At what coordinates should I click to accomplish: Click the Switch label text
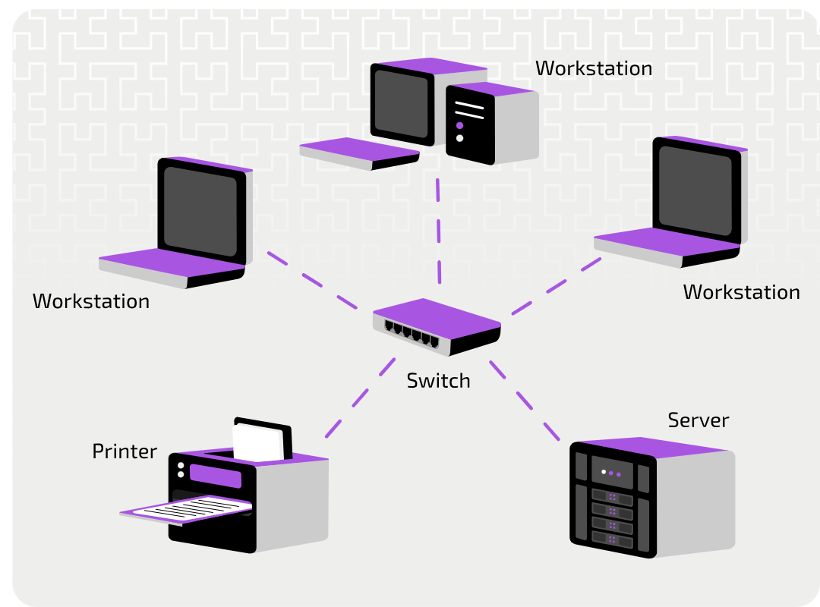click(x=438, y=380)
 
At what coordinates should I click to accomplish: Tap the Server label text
click(x=698, y=420)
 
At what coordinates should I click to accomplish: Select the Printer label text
click(x=125, y=451)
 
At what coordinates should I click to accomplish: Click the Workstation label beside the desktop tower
click(x=593, y=68)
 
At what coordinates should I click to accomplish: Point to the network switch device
click(x=437, y=326)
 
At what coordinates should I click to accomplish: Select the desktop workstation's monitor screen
click(x=402, y=103)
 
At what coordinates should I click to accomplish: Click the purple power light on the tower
click(x=459, y=125)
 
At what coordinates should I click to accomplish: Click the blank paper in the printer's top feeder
click(x=257, y=442)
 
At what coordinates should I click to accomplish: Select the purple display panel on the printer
click(x=216, y=476)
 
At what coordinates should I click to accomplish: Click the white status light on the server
click(x=604, y=472)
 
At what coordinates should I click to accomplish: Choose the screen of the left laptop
click(x=200, y=211)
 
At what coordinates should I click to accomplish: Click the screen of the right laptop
click(x=695, y=190)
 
